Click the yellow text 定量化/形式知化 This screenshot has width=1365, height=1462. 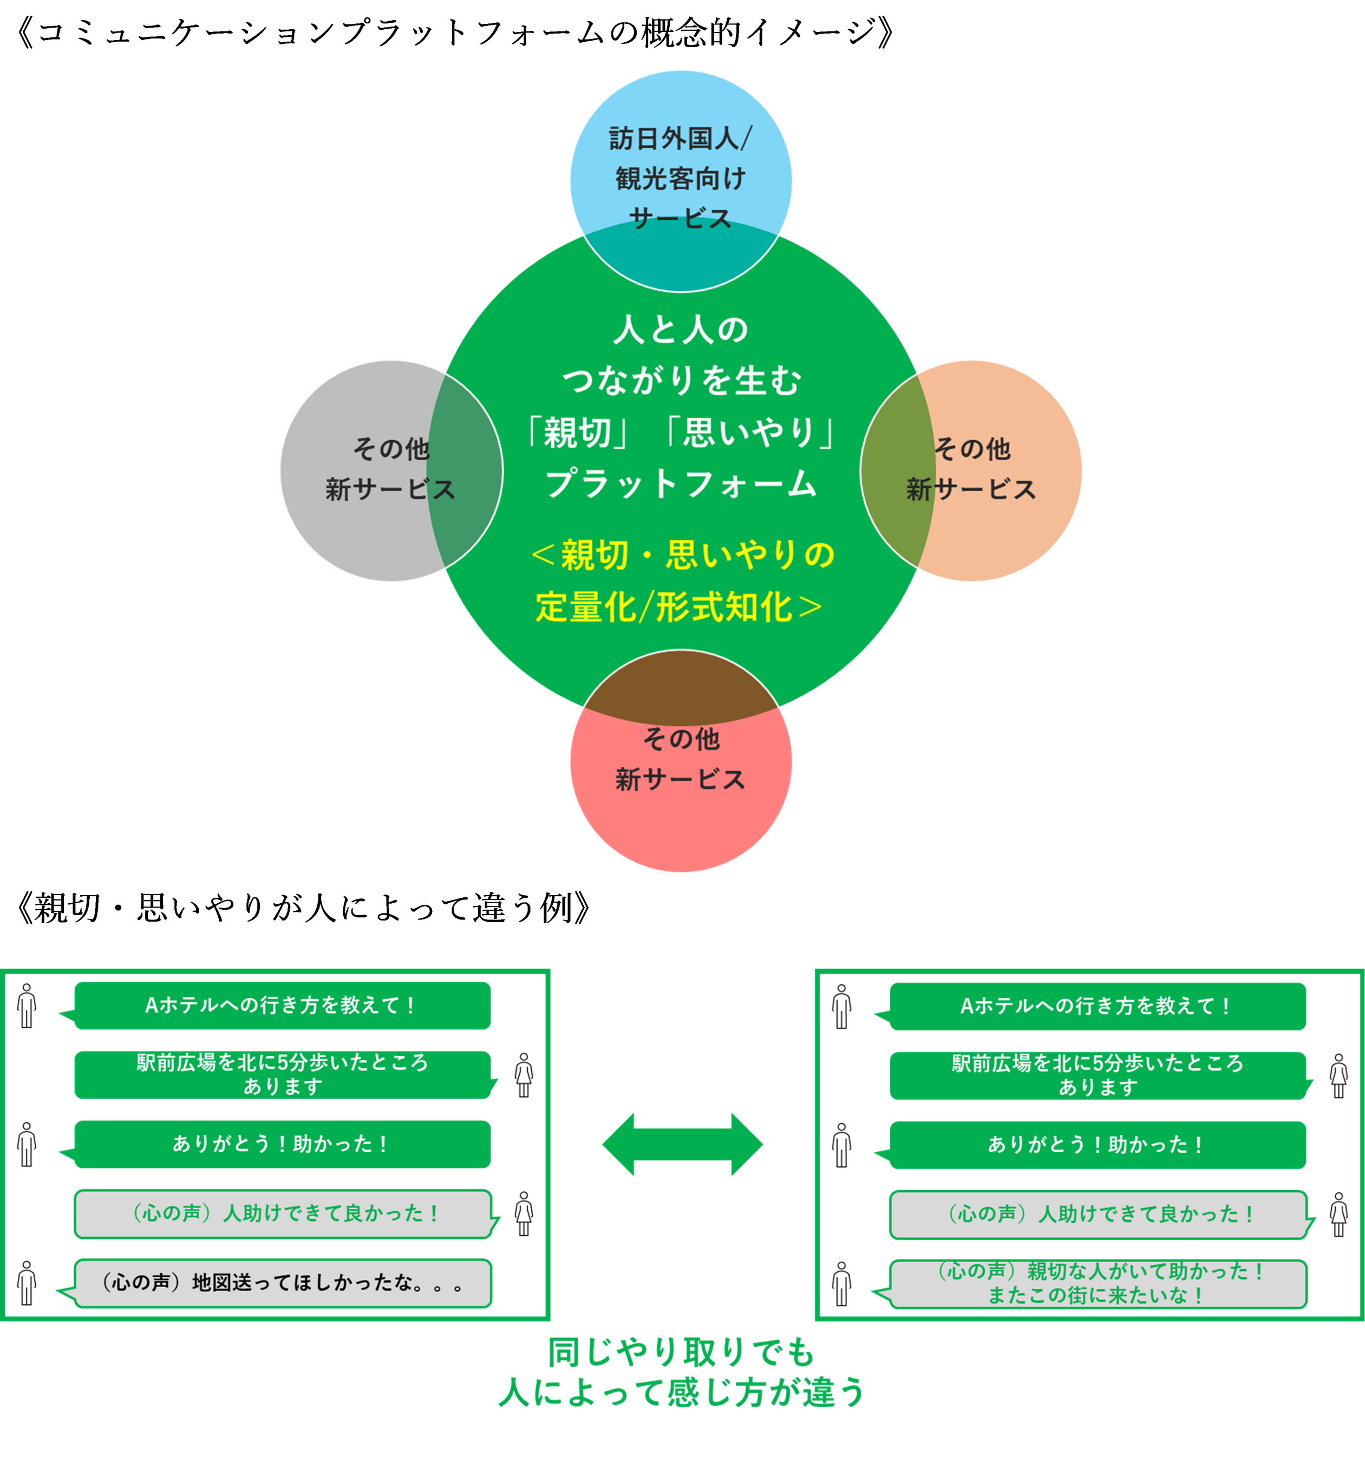coord(678,608)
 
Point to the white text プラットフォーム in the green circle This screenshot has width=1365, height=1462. coord(680,484)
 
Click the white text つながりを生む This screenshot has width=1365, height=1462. coord(680,381)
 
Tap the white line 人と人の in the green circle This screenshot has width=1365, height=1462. coord(680,329)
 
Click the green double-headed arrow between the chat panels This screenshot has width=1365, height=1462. coord(682,1144)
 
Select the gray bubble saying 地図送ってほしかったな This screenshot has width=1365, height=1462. coord(283,1283)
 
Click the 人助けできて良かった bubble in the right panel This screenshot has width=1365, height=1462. coord(1098,1214)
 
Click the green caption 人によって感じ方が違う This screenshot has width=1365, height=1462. coord(682,1392)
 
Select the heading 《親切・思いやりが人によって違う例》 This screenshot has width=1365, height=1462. coord(302,909)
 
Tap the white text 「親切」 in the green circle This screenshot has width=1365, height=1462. coord(577,433)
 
